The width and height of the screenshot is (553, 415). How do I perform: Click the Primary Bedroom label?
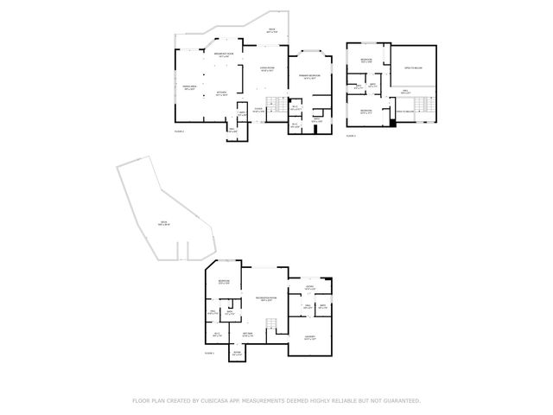pos(311,77)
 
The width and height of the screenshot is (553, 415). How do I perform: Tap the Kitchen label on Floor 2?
pos(221,94)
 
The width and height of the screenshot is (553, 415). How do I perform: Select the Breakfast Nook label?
pos(222,55)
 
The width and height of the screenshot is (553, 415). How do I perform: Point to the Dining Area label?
pos(190,88)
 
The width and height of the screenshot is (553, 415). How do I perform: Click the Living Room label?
pos(268,70)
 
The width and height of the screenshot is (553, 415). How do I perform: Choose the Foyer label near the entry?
pos(258,110)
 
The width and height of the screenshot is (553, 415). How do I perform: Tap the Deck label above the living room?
pos(271,31)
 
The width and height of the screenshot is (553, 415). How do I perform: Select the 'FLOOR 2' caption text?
pos(180,131)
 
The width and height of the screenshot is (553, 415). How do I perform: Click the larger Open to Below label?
pos(413,67)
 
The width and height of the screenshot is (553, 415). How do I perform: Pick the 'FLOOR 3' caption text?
pos(351,136)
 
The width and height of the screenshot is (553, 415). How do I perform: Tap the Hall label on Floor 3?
pos(405,92)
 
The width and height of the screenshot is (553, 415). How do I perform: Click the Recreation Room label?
pos(266,299)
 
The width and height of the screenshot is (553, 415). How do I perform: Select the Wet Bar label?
pos(247,334)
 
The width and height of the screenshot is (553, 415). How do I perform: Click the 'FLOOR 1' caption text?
pos(208,353)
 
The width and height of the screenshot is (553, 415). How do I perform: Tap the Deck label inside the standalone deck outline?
pos(163,224)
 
